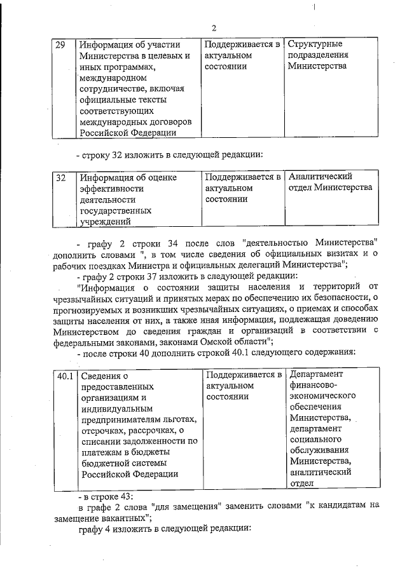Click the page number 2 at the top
pos(214,27)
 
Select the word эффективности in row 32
pos(108,188)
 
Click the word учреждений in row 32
pos(105,221)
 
